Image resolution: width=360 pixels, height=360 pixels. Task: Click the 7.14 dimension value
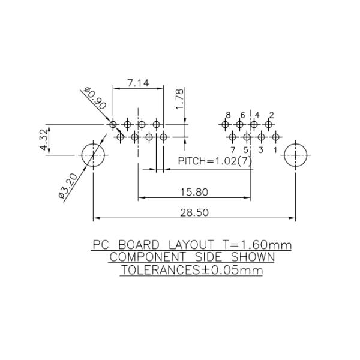click(x=139, y=83)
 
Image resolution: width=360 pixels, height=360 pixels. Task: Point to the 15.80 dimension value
click(x=194, y=192)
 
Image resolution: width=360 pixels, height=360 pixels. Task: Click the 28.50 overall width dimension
click(x=194, y=213)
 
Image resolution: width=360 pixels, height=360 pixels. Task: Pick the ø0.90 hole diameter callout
click(x=96, y=98)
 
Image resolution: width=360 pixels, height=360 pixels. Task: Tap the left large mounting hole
click(x=93, y=155)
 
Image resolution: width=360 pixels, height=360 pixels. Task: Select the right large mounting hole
click(x=296, y=155)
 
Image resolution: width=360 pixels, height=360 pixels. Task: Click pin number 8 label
click(x=228, y=115)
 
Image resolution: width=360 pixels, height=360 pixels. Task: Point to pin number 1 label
click(x=275, y=149)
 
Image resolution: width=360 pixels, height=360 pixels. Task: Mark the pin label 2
click(x=271, y=115)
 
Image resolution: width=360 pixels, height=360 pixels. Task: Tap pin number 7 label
click(x=233, y=149)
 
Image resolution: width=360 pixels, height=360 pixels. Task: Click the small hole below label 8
click(x=225, y=125)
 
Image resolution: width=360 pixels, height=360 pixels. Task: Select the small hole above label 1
click(x=275, y=137)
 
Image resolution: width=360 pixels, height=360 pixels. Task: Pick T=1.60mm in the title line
click(x=257, y=245)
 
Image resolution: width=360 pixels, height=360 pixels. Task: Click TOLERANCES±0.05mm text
click(x=192, y=270)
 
